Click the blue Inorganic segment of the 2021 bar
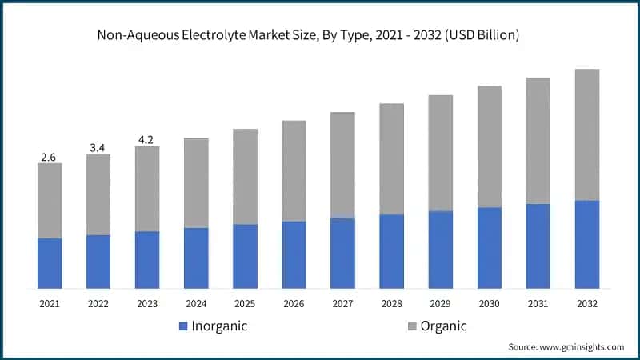[50, 263]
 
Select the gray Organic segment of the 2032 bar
[586, 134]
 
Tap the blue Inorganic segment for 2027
[342, 253]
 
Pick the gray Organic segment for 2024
[196, 182]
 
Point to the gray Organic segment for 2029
[440, 153]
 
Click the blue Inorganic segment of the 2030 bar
[489, 248]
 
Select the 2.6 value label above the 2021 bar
[48, 157]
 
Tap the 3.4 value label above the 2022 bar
[98, 148]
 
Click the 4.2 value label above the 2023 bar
[146, 140]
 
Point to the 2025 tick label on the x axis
[245, 304]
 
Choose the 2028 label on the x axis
[391, 304]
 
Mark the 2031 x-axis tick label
[538, 304]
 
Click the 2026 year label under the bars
[294, 304]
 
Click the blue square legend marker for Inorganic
[183, 326]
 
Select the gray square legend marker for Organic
[412, 326]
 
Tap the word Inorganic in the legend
[219, 326]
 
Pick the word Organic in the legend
[444, 326]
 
